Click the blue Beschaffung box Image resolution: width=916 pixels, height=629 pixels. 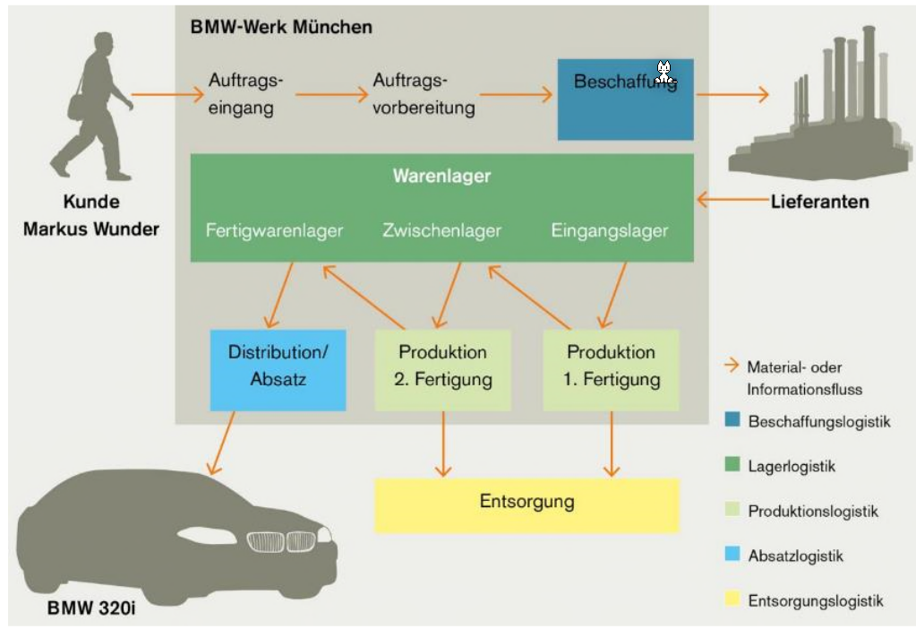(625, 99)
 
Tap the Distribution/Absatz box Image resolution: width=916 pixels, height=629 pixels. (278, 369)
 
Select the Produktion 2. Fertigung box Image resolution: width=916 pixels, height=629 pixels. (442, 369)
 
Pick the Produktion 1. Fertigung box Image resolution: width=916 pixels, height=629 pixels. (612, 369)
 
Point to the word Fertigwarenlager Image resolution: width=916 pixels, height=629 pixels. (274, 230)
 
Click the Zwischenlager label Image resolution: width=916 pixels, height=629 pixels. (441, 230)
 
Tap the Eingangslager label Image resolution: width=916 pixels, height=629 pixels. (609, 230)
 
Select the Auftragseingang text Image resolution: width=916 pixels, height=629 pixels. (245, 93)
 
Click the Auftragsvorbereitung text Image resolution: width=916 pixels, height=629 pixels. (423, 93)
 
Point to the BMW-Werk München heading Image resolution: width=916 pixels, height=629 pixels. (280, 27)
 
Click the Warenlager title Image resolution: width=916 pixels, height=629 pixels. (441, 176)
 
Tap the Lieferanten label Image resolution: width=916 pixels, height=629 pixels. (819, 202)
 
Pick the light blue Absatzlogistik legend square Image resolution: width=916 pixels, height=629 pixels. (732, 556)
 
